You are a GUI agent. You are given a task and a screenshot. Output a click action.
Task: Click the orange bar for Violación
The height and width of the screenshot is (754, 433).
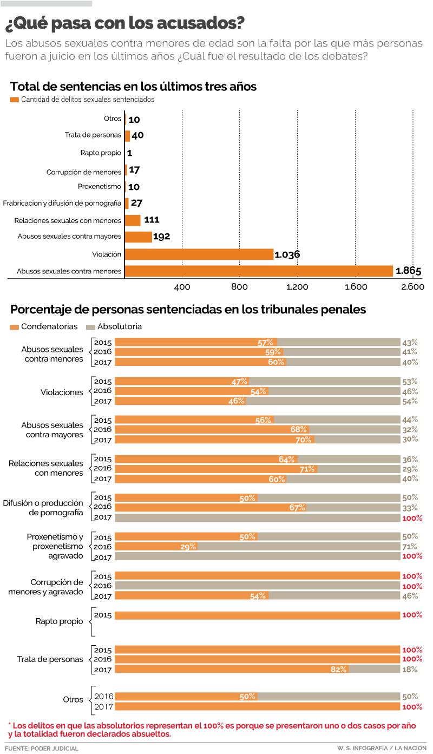(x=199, y=254)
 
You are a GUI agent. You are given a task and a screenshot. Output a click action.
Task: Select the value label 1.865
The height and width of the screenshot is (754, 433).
(x=408, y=271)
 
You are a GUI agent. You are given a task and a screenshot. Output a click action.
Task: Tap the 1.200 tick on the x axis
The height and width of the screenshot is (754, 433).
(x=297, y=286)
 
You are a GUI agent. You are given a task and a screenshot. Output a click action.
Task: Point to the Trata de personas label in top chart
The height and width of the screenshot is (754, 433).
(x=93, y=135)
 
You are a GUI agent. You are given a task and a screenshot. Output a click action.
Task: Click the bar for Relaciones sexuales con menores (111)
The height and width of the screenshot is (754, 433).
(x=133, y=220)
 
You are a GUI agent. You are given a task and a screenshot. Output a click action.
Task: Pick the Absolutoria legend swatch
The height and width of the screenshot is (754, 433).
(x=90, y=327)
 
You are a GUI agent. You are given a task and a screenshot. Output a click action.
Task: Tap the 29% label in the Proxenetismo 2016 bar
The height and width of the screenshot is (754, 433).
(x=188, y=547)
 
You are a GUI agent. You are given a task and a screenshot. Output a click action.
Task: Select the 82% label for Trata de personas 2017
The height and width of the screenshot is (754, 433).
(x=338, y=670)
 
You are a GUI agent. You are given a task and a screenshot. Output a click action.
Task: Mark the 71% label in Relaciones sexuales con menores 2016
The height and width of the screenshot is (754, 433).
(x=307, y=469)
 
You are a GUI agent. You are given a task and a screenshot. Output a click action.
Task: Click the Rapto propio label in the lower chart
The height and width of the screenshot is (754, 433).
(x=60, y=621)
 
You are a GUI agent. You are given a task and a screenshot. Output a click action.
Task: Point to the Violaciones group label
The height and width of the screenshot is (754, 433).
(x=62, y=392)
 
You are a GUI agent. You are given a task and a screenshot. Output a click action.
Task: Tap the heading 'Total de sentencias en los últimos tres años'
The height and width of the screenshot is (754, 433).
(x=133, y=87)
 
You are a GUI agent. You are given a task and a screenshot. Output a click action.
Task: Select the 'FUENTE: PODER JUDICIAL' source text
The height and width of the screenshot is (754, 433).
(x=42, y=748)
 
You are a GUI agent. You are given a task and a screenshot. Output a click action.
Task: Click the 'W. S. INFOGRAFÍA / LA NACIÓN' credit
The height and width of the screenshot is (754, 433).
(x=382, y=748)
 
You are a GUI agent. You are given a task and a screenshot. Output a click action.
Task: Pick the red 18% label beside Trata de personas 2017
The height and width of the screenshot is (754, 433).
(x=410, y=670)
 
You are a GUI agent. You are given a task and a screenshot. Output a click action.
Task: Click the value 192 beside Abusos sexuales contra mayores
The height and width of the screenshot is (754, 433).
(x=161, y=237)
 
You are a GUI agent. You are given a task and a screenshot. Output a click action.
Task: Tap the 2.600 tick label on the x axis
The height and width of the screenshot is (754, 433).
(x=412, y=286)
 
